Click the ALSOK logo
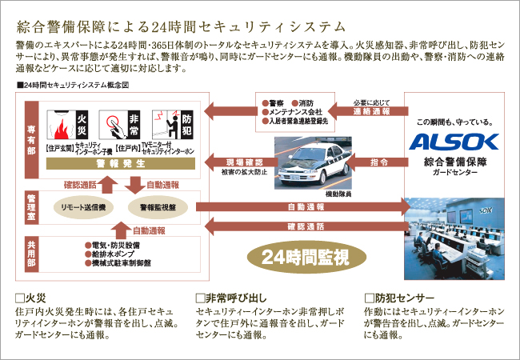pyautogui.click(x=454, y=142)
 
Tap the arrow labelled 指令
pyautogui.click(x=381, y=162)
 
